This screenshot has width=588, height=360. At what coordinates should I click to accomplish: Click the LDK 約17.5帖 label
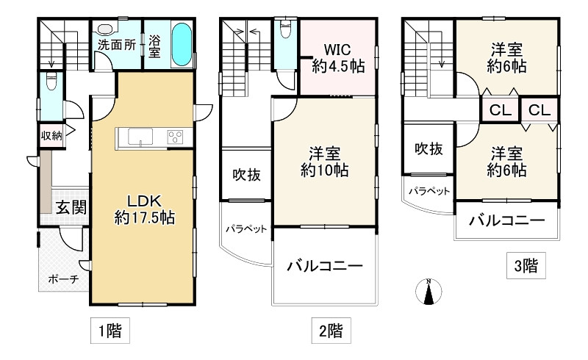143,208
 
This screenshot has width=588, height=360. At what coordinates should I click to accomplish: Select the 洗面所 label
117,44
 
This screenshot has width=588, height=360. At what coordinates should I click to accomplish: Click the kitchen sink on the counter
140,137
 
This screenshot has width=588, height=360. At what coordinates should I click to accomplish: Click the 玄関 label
71,207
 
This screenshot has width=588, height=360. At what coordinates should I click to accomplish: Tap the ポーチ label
63,279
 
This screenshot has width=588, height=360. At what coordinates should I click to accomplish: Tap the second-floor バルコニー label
324,267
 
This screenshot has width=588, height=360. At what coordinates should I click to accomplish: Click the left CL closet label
500,111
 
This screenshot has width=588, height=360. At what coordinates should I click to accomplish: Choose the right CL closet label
539,111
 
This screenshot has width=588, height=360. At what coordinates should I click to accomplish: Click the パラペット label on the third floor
429,190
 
